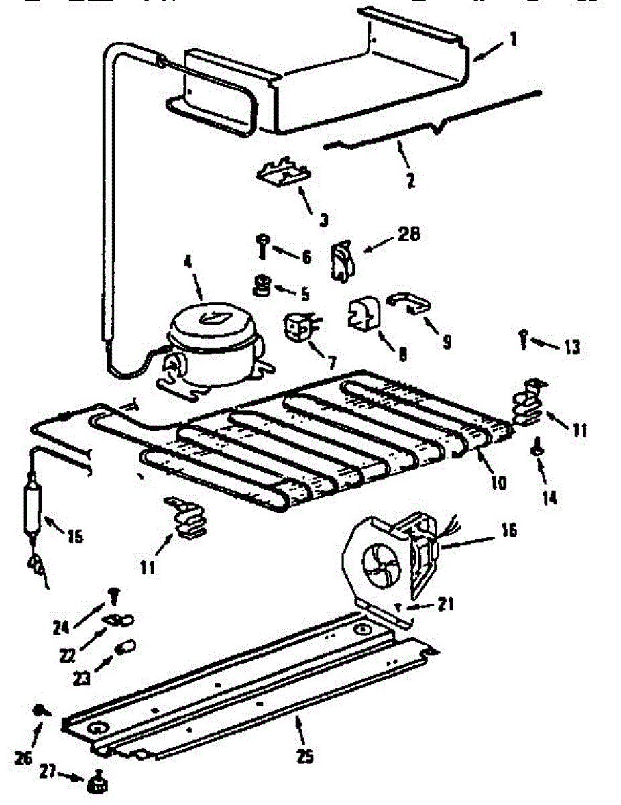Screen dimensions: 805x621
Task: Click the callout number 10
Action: tap(498, 482)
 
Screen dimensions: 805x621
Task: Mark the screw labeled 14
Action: tap(537, 449)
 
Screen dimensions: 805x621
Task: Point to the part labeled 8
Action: tap(363, 315)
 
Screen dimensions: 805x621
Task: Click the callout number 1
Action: tap(513, 40)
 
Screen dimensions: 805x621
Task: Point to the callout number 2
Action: tap(410, 180)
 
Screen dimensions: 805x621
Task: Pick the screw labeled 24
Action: tap(113, 594)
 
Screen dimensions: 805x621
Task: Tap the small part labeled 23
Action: tap(125, 648)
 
